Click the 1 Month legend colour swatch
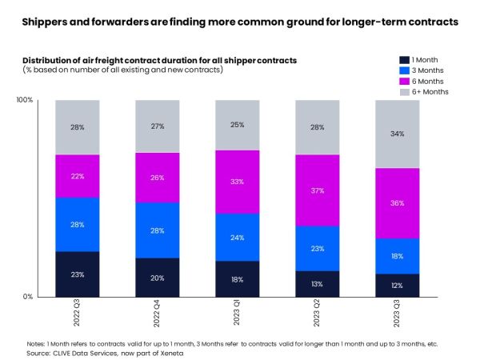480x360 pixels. tap(403, 60)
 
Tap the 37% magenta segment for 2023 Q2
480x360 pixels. tap(318, 190)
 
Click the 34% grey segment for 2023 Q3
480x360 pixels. tap(398, 134)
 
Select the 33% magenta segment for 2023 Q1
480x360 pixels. tap(238, 182)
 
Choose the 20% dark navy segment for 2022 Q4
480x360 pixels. tap(157, 278)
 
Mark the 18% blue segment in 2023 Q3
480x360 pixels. tap(398, 256)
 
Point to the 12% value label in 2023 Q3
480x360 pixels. tap(398, 286)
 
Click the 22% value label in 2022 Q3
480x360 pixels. tap(77, 176)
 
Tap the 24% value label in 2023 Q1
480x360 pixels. tap(238, 238)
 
